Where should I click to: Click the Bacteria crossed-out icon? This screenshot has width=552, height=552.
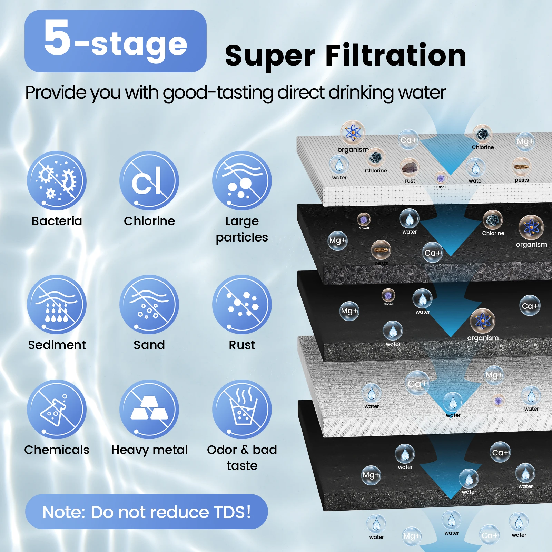[57, 180]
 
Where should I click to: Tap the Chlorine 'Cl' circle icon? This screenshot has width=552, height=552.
[149, 180]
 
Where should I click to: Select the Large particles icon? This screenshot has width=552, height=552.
[242, 180]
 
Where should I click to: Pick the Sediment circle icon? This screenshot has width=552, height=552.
[57, 304]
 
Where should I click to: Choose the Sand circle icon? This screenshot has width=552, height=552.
[149, 304]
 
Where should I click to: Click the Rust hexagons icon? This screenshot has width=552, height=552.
[242, 304]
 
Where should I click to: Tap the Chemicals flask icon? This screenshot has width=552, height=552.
[57, 409]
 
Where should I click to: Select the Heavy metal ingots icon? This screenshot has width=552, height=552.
[149, 409]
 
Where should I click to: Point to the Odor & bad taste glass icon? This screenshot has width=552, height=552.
[242, 409]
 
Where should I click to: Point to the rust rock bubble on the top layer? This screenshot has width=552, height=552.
[410, 167]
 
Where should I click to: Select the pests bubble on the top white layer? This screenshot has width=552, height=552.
[521, 166]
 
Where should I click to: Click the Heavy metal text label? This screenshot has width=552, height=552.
[149, 450]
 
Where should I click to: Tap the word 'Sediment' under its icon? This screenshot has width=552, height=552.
[57, 345]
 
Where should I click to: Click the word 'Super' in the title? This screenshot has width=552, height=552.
[270, 56]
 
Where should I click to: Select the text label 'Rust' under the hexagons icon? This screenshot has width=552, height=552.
[242, 345]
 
